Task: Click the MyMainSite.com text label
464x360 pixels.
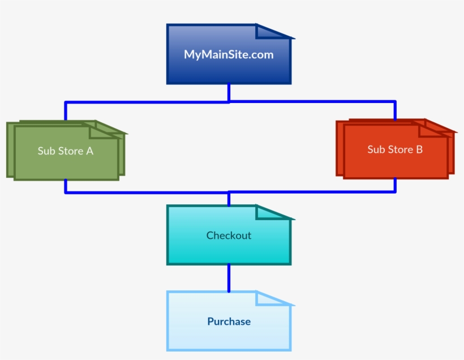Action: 229,55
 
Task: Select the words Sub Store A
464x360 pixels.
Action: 65,151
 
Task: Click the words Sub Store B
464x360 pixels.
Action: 395,149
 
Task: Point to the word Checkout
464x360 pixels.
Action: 229,235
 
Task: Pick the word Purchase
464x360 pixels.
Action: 229,322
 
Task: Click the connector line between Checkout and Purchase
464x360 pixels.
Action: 229,278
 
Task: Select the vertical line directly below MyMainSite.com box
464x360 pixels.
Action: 229,93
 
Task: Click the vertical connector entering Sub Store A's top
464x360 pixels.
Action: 66,112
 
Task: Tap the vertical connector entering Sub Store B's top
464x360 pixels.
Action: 395,110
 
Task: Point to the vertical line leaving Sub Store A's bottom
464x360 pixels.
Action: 66,186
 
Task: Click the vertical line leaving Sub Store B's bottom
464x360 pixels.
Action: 395,185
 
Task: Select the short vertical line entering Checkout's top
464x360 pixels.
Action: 229,199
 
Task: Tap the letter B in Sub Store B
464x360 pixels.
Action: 419,149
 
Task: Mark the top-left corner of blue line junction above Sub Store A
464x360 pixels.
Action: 66,103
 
